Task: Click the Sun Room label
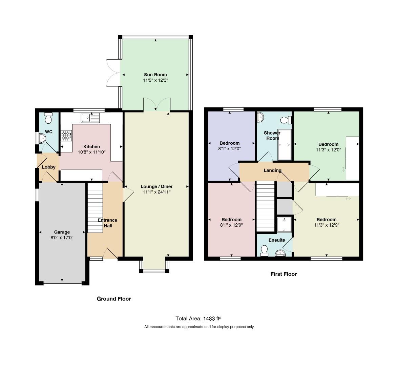155,75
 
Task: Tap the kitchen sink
90,118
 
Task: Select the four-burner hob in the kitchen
66,135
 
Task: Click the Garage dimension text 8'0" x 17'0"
62,238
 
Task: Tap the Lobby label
48,167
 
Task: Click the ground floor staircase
95,208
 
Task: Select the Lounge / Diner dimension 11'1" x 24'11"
156,192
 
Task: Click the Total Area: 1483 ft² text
198,319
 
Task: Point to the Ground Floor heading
114,299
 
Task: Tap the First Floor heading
284,274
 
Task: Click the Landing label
273,170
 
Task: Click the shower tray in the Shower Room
284,145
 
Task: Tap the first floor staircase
266,206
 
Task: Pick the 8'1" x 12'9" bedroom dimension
231,225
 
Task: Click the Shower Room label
272,135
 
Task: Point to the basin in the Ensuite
280,253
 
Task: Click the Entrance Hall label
107,223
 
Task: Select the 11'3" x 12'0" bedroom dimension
329,150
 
